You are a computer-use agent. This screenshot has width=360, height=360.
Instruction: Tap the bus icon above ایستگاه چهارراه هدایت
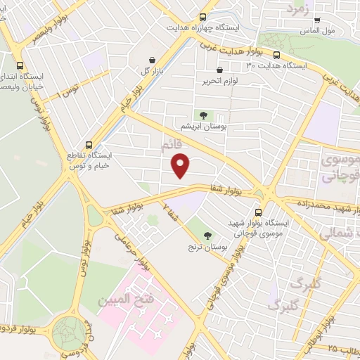(202, 18)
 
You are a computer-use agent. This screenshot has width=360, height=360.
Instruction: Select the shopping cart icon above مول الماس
(318, 20)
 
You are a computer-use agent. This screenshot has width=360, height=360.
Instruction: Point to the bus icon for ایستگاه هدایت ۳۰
(276, 54)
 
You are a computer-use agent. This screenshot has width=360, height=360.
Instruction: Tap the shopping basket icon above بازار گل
(153, 60)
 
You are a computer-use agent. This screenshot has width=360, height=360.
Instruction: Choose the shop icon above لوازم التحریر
(220, 70)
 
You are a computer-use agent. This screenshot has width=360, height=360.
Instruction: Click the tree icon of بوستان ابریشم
(203, 115)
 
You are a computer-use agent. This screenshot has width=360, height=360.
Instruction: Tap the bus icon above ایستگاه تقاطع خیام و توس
(88, 143)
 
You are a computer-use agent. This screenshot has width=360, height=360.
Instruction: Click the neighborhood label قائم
(171, 146)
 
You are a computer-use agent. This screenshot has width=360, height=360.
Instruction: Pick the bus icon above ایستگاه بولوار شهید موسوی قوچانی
(258, 210)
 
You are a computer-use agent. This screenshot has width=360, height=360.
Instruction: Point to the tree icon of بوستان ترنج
(207, 236)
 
